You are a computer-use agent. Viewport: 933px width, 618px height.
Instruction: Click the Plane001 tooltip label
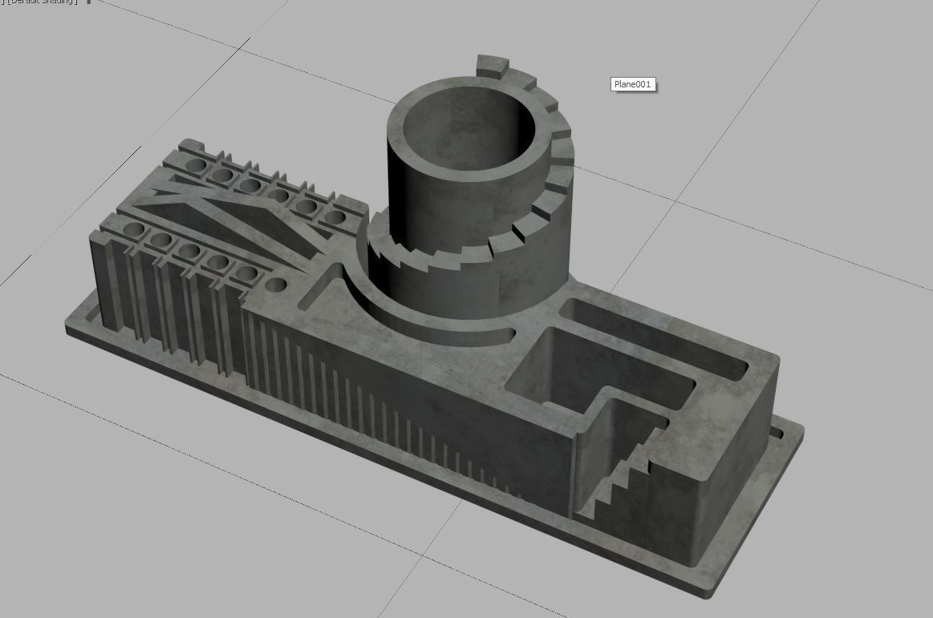click(x=633, y=84)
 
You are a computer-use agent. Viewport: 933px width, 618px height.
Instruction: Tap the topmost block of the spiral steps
click(x=492, y=64)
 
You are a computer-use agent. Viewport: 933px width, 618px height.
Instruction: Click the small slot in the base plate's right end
click(x=776, y=434)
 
